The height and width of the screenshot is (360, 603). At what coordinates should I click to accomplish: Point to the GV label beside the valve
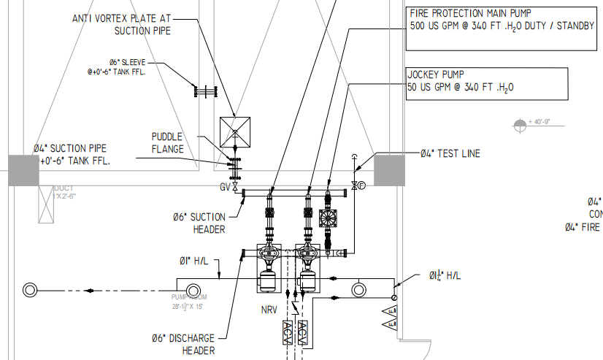pyautogui.click(x=225, y=187)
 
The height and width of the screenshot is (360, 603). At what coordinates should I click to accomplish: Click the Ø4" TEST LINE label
pyautogui.click(x=450, y=154)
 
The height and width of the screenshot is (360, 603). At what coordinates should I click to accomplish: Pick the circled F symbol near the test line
pyautogui.click(x=361, y=187)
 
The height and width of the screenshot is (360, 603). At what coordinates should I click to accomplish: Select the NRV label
pyautogui.click(x=269, y=310)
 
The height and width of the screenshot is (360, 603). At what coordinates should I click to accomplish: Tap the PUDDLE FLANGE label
pyautogui.click(x=167, y=142)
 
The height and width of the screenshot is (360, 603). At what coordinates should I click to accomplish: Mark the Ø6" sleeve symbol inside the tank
pyautogui.click(x=206, y=91)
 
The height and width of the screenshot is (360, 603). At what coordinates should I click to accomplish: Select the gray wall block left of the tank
pyautogui.click(x=23, y=169)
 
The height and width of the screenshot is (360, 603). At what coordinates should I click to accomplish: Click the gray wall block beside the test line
pyautogui.click(x=389, y=169)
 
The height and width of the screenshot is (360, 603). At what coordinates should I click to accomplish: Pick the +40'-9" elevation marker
pyautogui.click(x=521, y=123)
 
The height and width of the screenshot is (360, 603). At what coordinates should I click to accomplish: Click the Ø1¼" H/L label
pyautogui.click(x=445, y=275)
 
